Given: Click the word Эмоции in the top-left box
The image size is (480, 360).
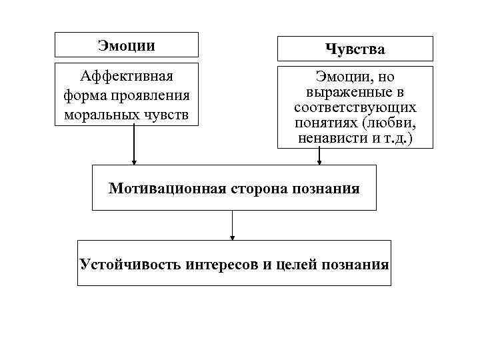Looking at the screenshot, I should (126, 45).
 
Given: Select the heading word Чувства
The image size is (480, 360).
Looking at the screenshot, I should (355, 49).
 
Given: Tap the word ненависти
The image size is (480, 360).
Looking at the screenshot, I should (328, 139).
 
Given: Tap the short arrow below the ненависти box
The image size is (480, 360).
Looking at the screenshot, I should (319, 156).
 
